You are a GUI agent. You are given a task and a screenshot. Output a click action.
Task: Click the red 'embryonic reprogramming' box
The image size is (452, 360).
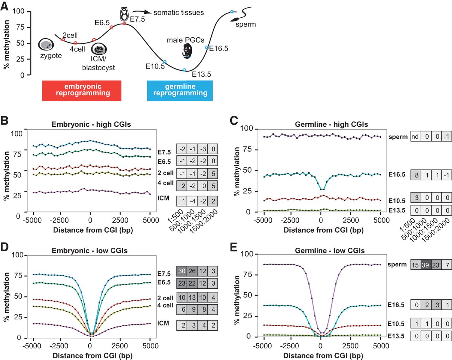pos(82,90)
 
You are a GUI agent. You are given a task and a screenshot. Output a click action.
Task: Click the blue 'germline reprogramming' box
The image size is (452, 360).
pos(180,90)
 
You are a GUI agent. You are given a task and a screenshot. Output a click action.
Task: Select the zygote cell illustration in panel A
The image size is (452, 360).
pos(46,44)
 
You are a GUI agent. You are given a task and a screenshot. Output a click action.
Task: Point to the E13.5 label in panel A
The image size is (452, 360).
pos(201,74)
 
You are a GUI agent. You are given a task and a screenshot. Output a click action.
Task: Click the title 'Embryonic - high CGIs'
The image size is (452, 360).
pos(91,124)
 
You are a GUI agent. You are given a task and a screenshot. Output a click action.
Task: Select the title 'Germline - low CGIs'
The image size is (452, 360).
pos(329,251)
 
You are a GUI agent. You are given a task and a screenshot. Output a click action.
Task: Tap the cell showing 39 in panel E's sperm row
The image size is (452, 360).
pos(425,265)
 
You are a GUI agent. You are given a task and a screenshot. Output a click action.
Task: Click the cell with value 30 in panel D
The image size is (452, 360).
pos(182,271)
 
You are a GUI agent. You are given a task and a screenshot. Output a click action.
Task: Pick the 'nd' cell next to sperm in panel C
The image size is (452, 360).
pos(415,137)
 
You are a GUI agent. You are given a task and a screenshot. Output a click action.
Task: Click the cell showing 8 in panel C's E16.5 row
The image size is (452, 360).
pos(416,175)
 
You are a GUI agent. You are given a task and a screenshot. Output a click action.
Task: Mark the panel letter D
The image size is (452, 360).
pos(5,246)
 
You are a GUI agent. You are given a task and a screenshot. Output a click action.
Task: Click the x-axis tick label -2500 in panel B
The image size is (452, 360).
pos(59,220)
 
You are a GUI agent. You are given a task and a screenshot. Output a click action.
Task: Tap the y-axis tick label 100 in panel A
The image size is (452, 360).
pos(18,11)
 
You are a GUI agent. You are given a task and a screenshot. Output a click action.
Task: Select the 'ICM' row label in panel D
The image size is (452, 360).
pos(163,323)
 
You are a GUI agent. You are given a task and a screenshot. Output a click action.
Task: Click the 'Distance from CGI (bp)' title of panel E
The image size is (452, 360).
pos(323,355)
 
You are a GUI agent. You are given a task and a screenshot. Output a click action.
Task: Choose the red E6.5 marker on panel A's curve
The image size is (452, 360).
pos(112,27)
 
